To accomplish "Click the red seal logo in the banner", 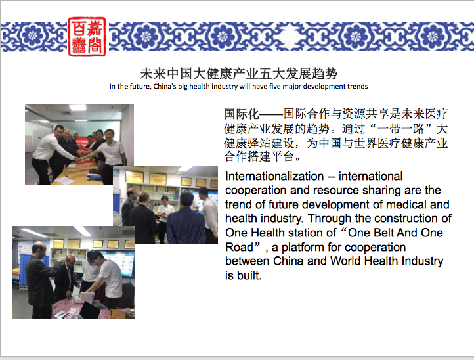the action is click(x=87, y=37).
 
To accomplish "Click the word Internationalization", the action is click(x=274, y=176).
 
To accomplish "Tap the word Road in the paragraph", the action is click(x=239, y=247).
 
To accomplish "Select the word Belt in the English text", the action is click(x=383, y=233).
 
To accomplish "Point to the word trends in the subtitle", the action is click(x=357, y=86).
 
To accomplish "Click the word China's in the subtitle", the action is click(x=164, y=86).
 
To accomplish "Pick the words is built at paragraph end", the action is click(x=244, y=276).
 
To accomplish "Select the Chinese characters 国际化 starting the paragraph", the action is click(x=242, y=114).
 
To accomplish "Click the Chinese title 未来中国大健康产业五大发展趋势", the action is click(x=238, y=74).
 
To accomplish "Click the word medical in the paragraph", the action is click(x=406, y=204).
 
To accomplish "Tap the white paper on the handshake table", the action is click(x=65, y=180).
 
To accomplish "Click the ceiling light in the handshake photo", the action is click(x=77, y=107).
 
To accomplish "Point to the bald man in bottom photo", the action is click(x=40, y=279).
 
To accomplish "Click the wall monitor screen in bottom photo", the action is click(x=122, y=263).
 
